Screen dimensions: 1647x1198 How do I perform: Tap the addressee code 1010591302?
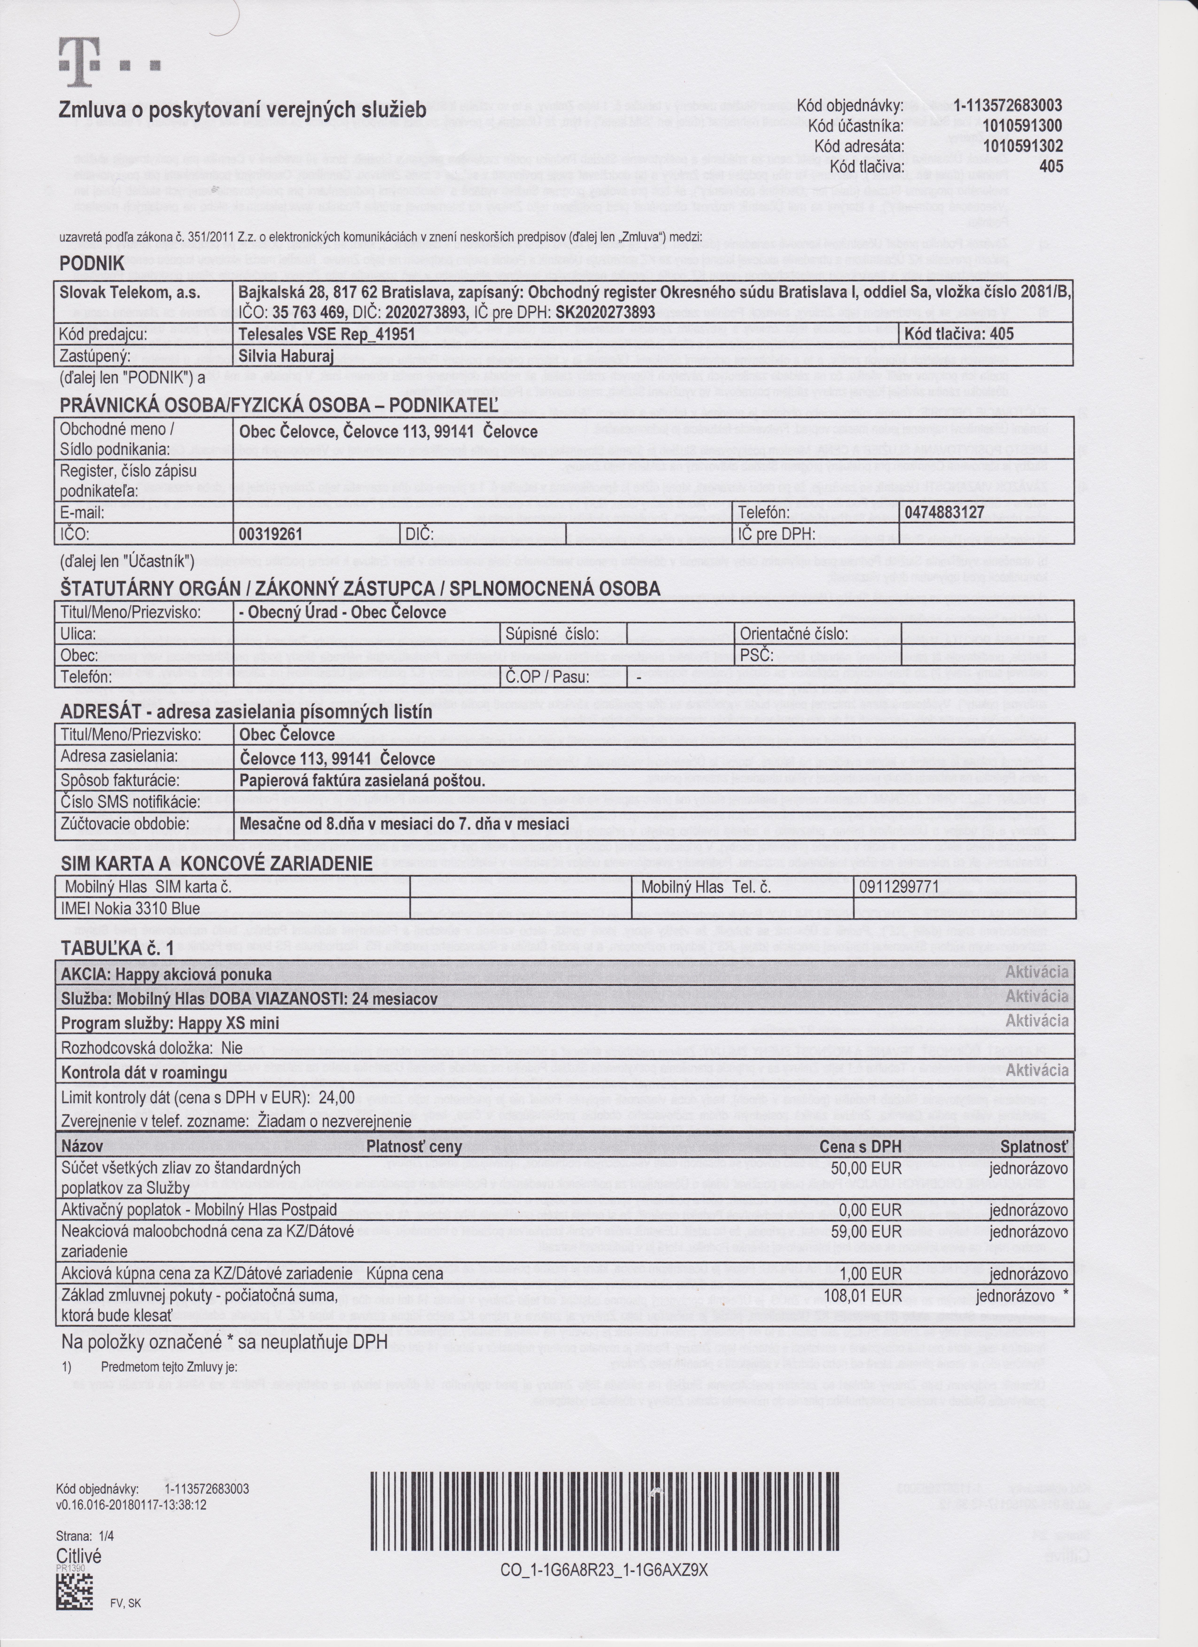point(1022,146)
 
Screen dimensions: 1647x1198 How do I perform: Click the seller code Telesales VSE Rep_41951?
point(327,334)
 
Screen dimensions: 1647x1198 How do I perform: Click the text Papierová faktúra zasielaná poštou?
point(362,781)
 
